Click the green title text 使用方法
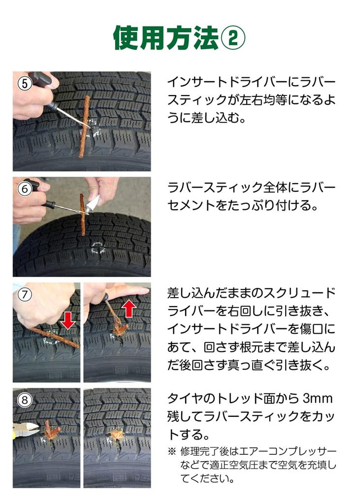[x=165, y=37]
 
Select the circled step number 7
[x=24, y=294]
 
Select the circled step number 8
[x=24, y=400]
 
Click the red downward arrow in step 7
[x=67, y=322]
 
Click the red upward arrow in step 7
[x=129, y=308]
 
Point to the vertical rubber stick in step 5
[x=85, y=127]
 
